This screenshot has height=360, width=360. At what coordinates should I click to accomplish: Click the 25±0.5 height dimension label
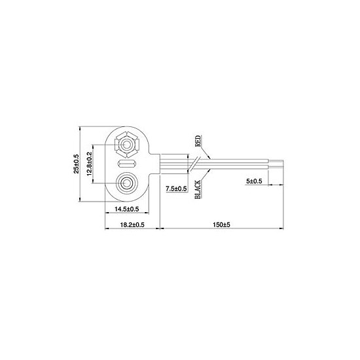point(76,164)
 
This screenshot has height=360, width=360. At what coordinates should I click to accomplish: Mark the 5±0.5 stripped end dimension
point(255,181)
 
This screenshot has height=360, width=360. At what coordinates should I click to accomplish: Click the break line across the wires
point(194,164)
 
